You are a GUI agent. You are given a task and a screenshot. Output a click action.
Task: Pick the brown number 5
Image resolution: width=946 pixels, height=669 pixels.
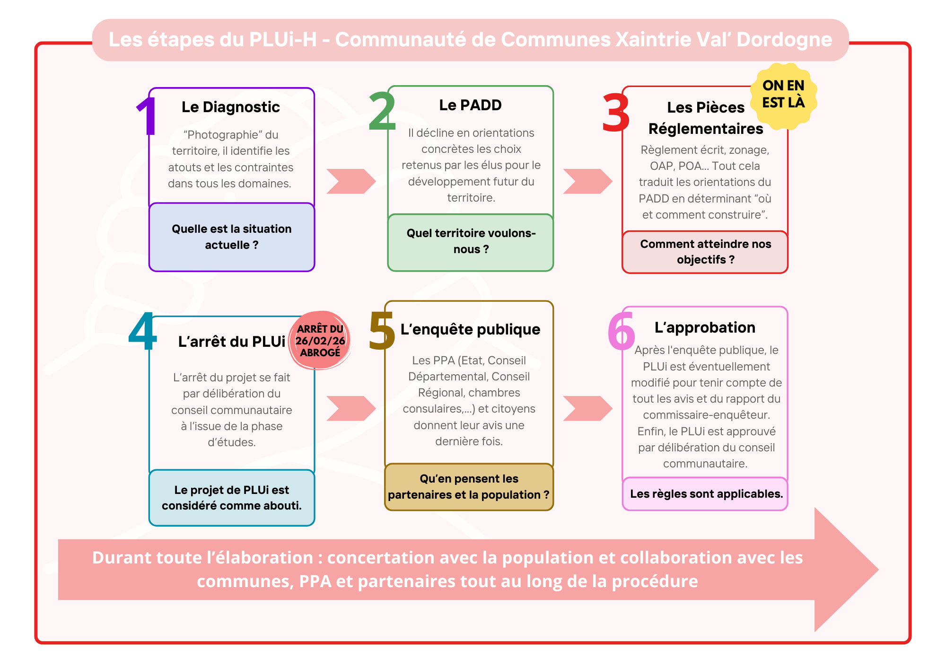tap(382, 331)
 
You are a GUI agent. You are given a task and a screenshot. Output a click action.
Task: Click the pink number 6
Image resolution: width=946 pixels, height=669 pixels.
tap(621, 331)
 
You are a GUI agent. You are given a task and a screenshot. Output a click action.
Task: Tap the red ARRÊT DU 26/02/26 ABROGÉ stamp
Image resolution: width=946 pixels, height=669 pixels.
tap(320, 340)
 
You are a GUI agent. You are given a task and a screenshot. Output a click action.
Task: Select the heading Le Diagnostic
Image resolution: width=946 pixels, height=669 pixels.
tap(231, 107)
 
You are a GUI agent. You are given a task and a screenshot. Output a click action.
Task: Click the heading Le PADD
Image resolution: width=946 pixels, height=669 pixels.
tap(470, 105)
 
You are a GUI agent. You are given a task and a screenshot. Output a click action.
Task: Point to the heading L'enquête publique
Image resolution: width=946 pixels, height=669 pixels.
tap(470, 329)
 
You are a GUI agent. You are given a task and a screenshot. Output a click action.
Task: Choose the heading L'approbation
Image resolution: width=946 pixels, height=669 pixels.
tap(705, 327)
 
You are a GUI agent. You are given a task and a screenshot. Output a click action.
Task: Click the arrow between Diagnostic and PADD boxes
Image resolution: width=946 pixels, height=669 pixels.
tap(351, 181)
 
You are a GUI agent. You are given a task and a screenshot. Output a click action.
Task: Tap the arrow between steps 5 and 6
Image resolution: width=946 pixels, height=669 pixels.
tap(587, 408)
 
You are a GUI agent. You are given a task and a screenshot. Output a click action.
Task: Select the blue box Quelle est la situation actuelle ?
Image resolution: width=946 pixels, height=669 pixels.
tap(232, 237)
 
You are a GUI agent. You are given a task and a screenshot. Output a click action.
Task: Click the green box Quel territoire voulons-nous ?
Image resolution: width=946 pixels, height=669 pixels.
tap(471, 242)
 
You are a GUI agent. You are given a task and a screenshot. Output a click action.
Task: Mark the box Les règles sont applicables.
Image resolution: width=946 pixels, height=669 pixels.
tap(705, 494)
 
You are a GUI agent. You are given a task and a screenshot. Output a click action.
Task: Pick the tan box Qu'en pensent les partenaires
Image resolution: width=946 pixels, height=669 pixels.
tap(469, 487)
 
